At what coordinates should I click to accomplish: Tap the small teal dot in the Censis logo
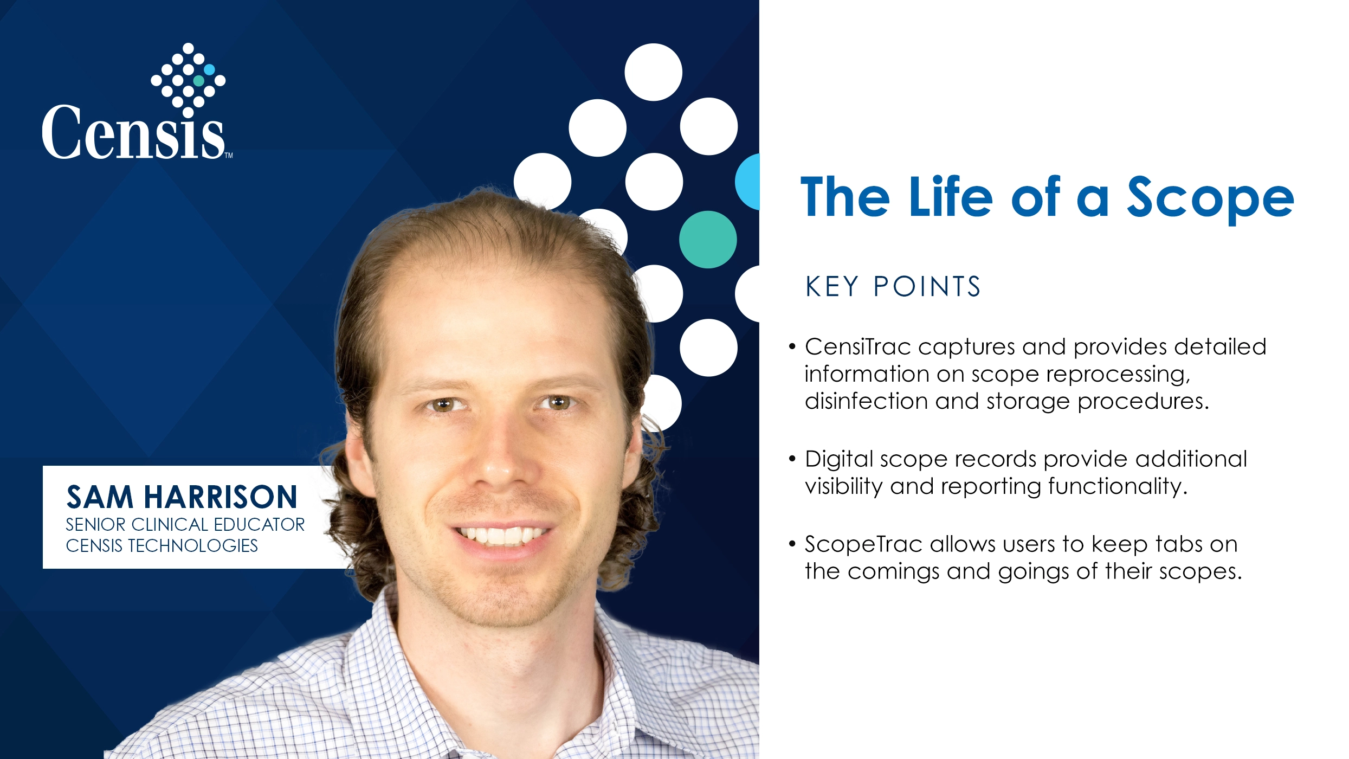pyautogui.click(x=199, y=81)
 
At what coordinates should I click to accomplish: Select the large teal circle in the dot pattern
pyautogui.click(x=708, y=239)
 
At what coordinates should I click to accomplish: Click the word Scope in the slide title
pyautogui.click(x=1210, y=198)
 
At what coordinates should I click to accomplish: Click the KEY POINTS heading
pyautogui.click(x=893, y=286)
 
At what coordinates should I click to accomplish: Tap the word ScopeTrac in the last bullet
pyautogui.click(x=863, y=544)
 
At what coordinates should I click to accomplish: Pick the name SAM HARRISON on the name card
pyautogui.click(x=182, y=497)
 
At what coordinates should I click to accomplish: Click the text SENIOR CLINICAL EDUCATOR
pyautogui.click(x=185, y=524)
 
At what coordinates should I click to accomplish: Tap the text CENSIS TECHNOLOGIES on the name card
pyautogui.click(x=162, y=545)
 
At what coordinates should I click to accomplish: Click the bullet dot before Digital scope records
pyautogui.click(x=792, y=459)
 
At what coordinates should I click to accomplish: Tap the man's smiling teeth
pyautogui.click(x=501, y=536)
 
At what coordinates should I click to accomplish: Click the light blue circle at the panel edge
pyautogui.click(x=747, y=182)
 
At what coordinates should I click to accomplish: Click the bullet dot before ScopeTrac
pyautogui.click(x=792, y=544)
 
